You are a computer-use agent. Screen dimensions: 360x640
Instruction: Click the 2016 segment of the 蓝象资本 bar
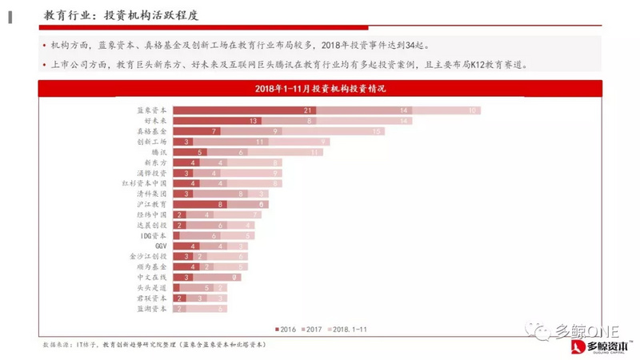(x=240, y=110)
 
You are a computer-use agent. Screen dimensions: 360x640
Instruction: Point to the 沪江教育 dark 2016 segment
(x=210, y=204)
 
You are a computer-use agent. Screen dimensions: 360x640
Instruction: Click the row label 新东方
(x=154, y=162)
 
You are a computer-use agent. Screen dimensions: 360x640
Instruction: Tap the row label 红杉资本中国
(x=144, y=183)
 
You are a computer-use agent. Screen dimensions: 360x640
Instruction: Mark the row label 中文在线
(x=152, y=278)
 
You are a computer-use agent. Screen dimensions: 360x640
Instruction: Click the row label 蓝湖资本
(x=152, y=309)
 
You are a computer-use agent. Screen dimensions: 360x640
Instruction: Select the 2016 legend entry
(x=285, y=329)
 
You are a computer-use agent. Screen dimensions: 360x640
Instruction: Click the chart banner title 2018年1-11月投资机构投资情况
(x=320, y=87)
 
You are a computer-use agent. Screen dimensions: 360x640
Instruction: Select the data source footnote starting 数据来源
(x=152, y=344)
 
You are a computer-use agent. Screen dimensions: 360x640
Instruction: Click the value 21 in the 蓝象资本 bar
(x=307, y=110)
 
